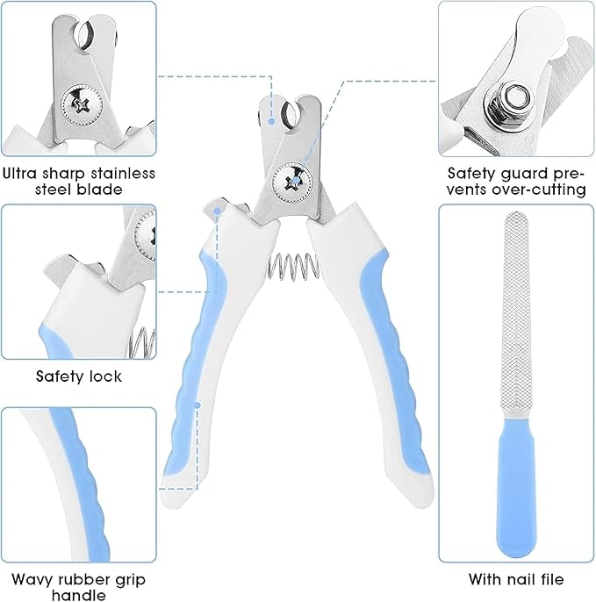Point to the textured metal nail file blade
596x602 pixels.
[x=514, y=316]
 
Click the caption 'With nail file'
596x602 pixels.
[x=517, y=578]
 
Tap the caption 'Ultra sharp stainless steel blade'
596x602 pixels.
[x=78, y=181]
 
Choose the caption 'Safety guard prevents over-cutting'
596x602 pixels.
[x=516, y=181]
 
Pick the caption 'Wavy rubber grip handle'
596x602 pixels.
[x=78, y=587]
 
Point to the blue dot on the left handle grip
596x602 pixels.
[x=200, y=405]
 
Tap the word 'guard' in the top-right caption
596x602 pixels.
[x=521, y=173]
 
